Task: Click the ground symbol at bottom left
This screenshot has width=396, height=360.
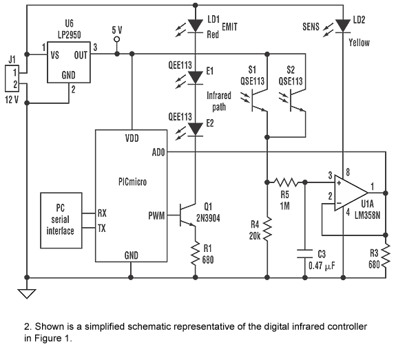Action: [x=27, y=294]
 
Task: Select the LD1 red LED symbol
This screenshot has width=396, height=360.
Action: [x=196, y=25]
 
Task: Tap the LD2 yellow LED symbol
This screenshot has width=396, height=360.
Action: [x=343, y=26]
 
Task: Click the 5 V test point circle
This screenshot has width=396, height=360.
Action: [x=116, y=39]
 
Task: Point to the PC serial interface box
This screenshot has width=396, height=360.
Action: [x=61, y=220]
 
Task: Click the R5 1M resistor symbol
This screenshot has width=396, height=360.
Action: [x=286, y=182]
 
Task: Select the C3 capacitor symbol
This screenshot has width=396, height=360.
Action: [x=305, y=254]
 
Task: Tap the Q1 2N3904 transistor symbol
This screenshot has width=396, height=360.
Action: [x=187, y=215]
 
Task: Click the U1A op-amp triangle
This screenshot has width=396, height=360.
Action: [x=351, y=193]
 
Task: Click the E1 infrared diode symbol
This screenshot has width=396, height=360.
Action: [x=196, y=78]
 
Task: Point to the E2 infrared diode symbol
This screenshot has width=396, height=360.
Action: [x=196, y=129]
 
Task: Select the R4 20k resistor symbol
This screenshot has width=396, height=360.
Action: [x=267, y=229]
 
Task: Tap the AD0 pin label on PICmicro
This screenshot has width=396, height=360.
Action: [x=158, y=152]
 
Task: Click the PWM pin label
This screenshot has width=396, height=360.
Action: [x=156, y=216]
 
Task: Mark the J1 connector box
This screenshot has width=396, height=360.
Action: [x=12, y=78]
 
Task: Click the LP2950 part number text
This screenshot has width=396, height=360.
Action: [x=70, y=35]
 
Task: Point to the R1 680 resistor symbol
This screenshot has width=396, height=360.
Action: [x=195, y=254]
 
